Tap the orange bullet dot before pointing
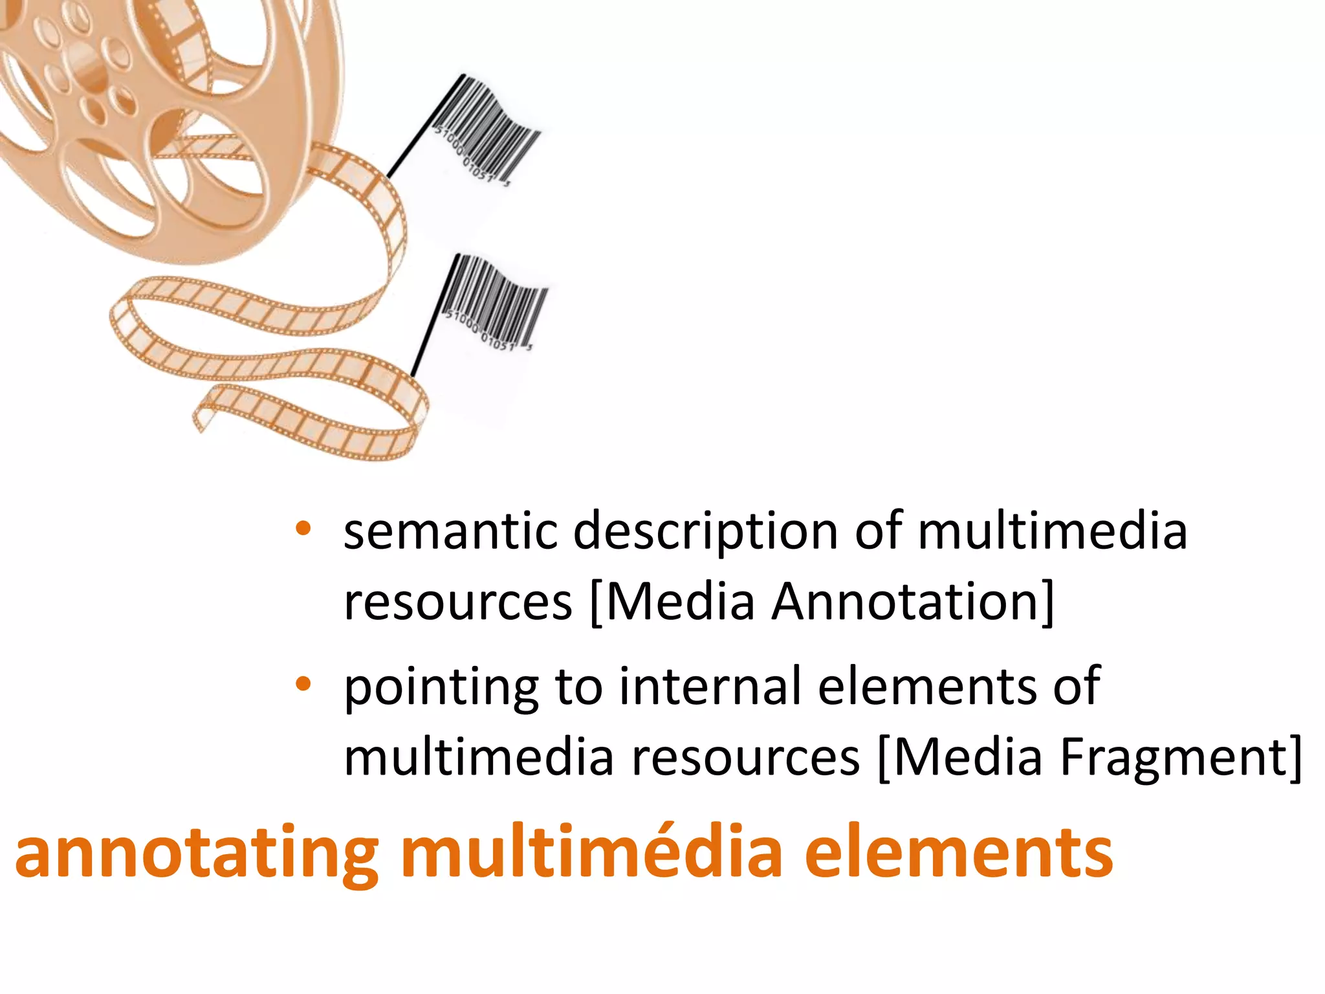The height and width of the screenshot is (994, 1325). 303,683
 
